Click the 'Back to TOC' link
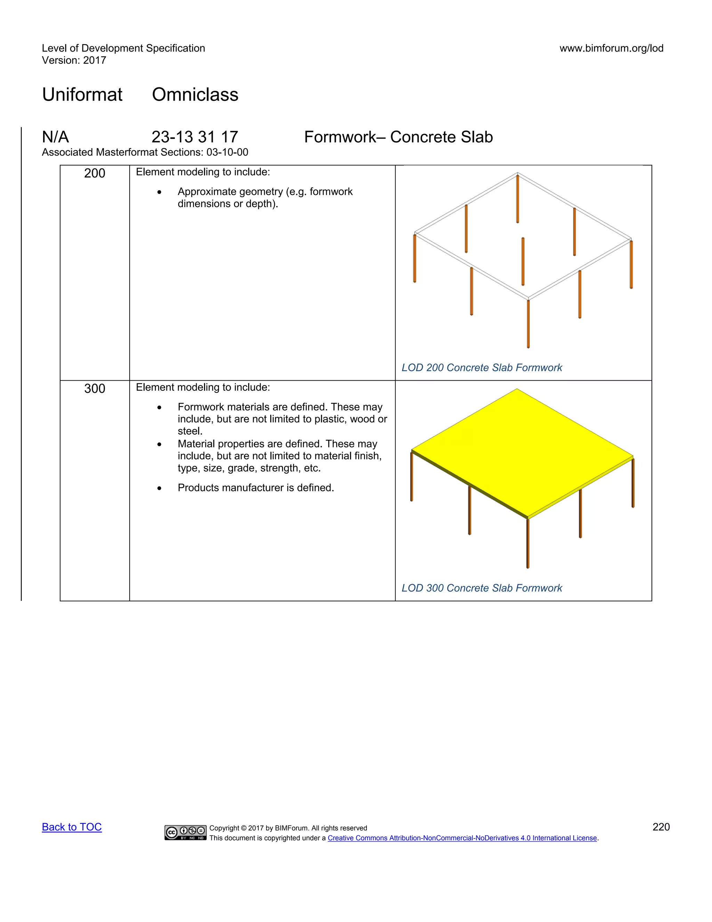(x=72, y=827)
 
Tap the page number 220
(x=661, y=827)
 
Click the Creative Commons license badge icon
(x=185, y=832)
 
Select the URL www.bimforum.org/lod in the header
(x=611, y=48)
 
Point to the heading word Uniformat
(x=82, y=94)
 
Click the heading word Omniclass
(x=195, y=94)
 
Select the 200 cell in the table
(x=95, y=173)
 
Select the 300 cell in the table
(x=95, y=388)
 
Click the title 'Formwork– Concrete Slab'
(x=398, y=137)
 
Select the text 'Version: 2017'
(x=74, y=61)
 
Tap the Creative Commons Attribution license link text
(x=462, y=838)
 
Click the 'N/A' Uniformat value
(x=55, y=137)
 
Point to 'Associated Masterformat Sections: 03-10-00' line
(x=145, y=152)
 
